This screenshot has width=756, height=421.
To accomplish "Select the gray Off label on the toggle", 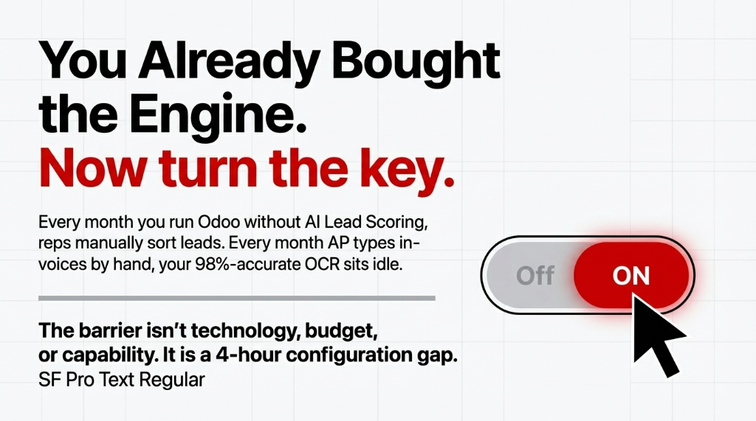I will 535,276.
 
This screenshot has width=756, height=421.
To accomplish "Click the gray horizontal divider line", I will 236,298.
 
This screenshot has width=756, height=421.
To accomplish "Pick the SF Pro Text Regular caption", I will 121,381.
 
